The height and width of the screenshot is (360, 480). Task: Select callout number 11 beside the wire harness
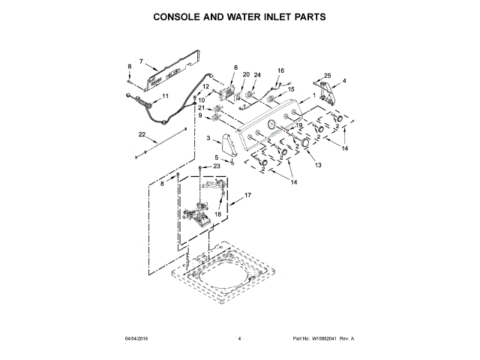166,96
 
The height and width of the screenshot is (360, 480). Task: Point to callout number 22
141,134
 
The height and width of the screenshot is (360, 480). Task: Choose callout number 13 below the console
318,164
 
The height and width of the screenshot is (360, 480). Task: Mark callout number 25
327,74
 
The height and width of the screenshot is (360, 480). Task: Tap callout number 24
257,75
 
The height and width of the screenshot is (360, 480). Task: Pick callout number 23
217,166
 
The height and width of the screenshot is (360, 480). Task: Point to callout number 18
217,214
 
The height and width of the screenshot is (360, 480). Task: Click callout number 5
217,157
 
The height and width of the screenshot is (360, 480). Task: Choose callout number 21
201,108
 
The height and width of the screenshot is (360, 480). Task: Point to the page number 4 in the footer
239,339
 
